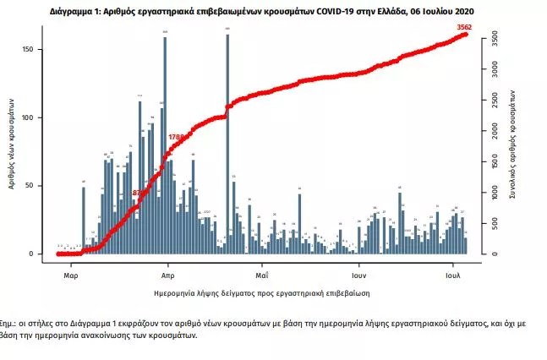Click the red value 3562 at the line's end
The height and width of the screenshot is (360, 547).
tap(463, 27)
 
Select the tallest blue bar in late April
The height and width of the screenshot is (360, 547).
tap(227, 144)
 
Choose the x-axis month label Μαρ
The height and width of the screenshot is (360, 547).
tap(71, 275)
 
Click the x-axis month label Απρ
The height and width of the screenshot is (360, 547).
tap(167, 275)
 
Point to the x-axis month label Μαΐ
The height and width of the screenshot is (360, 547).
tap(262, 275)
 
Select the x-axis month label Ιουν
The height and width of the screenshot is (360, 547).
tap(358, 275)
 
